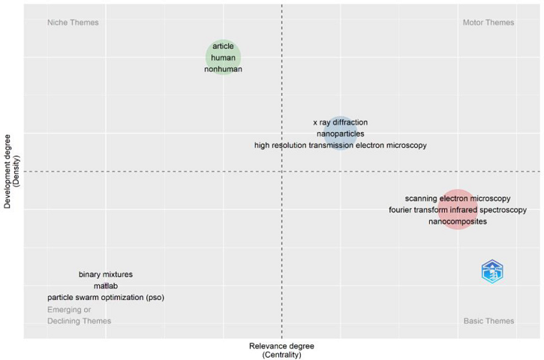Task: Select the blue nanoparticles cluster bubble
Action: pyautogui.click(x=340, y=133)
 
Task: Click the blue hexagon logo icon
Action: pyautogui.click(x=492, y=271)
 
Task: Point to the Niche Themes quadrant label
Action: pyautogui.click(x=73, y=22)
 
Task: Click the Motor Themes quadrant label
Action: pyautogui.click(x=488, y=22)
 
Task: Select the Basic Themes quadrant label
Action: pyautogui.click(x=488, y=321)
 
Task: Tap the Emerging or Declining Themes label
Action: pyautogui.click(x=79, y=315)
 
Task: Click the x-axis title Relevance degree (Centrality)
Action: pyautogui.click(x=281, y=350)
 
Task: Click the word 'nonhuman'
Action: pyautogui.click(x=223, y=69)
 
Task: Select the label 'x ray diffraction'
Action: pyautogui.click(x=340, y=122)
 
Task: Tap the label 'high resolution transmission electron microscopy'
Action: pyautogui.click(x=340, y=145)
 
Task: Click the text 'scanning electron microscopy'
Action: pyautogui.click(x=458, y=199)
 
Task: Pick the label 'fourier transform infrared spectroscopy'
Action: pyautogui.click(x=458, y=210)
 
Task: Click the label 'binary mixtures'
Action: pyautogui.click(x=105, y=274)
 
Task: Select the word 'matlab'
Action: pyautogui.click(x=105, y=286)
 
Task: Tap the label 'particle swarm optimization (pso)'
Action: pyautogui.click(x=105, y=298)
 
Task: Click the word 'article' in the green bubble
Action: pyautogui.click(x=223, y=46)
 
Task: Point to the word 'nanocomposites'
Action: pyautogui.click(x=458, y=221)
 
